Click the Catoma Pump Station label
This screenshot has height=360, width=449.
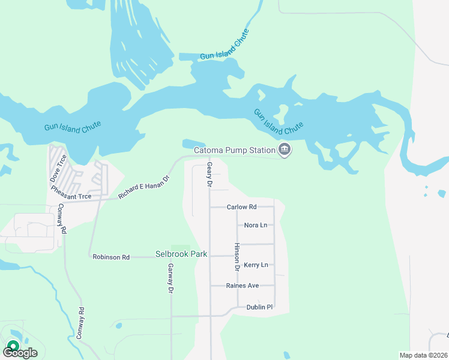[234, 150]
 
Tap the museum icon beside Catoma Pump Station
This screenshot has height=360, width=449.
[285, 150]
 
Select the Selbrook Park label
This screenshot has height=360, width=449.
[181, 254]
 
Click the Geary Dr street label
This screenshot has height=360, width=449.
[209, 174]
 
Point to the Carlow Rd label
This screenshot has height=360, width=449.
[241, 207]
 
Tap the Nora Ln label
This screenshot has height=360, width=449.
[256, 225]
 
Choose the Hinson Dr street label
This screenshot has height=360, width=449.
[237, 258]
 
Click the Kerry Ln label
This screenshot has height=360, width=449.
[256, 265]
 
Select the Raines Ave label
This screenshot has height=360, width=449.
[243, 286]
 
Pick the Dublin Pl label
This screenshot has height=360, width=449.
[259, 307]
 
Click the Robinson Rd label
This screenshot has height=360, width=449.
[111, 257]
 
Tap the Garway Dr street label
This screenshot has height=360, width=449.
[170, 278]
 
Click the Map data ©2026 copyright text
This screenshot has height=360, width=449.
[423, 355]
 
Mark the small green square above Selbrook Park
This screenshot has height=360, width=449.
[178, 247]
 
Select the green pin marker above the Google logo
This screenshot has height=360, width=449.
[12, 346]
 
